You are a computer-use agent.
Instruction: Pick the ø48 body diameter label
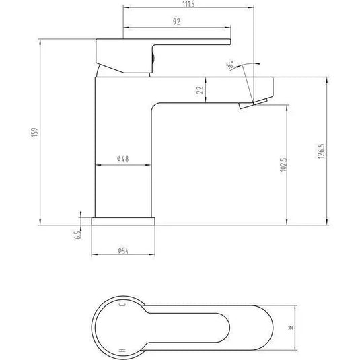tap(122, 159)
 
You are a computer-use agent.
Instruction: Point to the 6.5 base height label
tap(79, 234)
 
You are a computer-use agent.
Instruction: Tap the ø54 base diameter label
tap(122, 250)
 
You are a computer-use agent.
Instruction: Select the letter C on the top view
tap(122, 305)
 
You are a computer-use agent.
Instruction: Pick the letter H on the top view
tap(122, 350)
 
